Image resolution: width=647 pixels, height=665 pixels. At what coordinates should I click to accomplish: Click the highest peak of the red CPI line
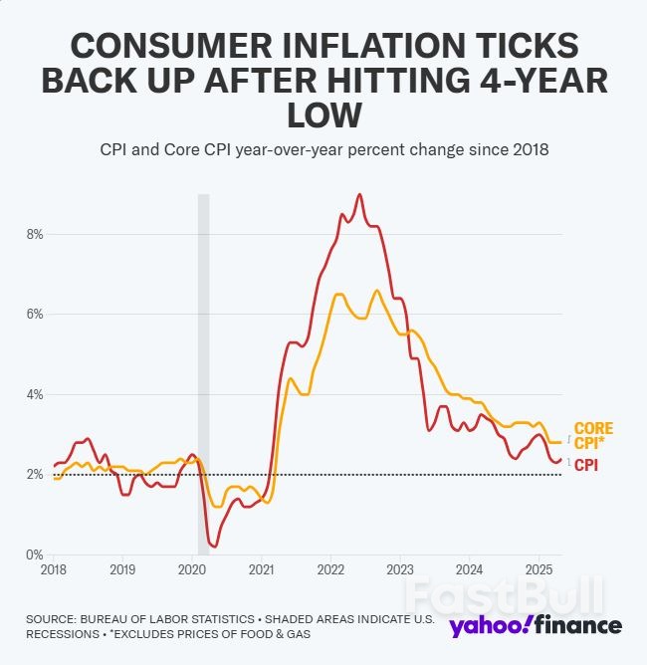coord(359,194)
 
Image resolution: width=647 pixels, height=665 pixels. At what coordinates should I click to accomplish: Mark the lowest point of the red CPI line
coord(214,546)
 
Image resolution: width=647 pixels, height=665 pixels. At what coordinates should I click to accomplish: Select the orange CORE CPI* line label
coord(593,436)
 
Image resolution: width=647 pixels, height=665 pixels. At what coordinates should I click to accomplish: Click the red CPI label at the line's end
coord(586,464)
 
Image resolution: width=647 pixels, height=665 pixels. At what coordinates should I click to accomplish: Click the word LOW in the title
coord(323,115)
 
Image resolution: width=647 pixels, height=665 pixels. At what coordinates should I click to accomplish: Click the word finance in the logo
coord(575,625)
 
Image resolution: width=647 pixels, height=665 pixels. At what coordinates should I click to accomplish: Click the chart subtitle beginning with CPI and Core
coord(323,149)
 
